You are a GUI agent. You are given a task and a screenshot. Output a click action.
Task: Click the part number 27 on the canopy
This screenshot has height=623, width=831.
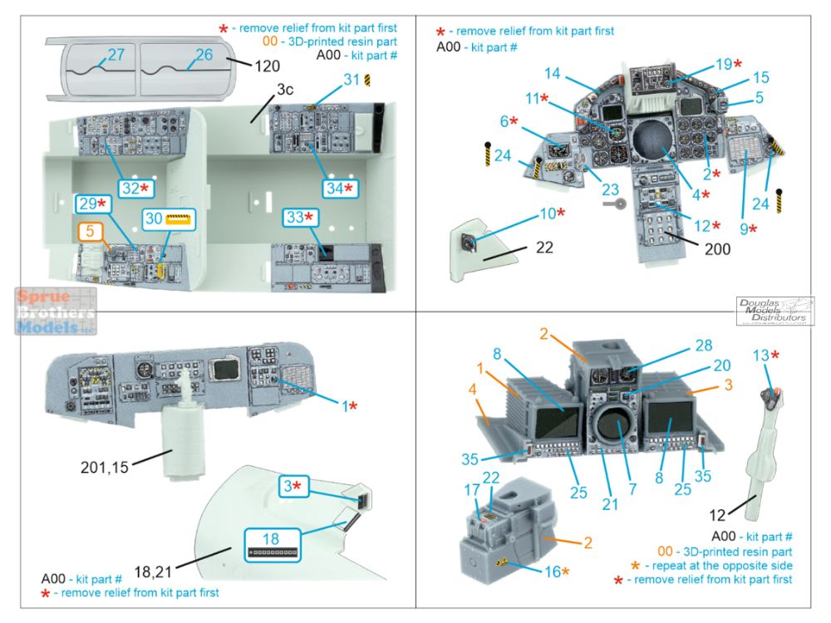coord(116,55)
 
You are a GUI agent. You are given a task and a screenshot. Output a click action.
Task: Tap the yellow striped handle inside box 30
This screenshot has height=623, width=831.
coord(179,220)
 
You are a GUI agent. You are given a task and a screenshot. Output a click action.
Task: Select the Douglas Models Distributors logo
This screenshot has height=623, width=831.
coord(774,310)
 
